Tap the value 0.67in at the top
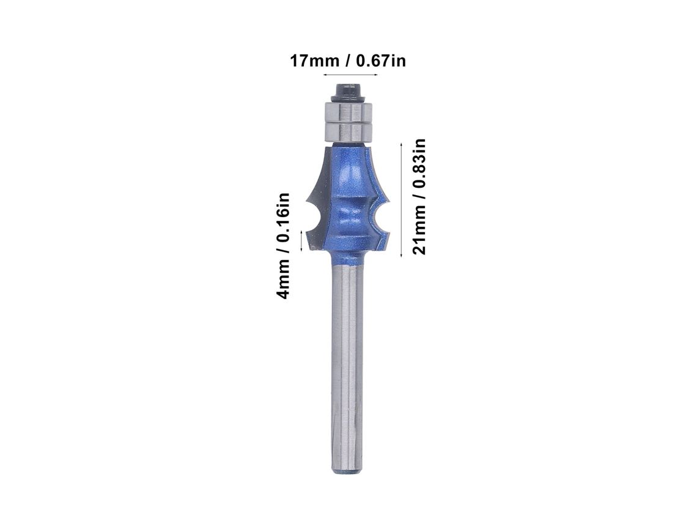pos(380,61)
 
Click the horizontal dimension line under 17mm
pos(351,74)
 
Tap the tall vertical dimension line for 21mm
pos(402,200)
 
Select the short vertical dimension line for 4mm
pos(302,240)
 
